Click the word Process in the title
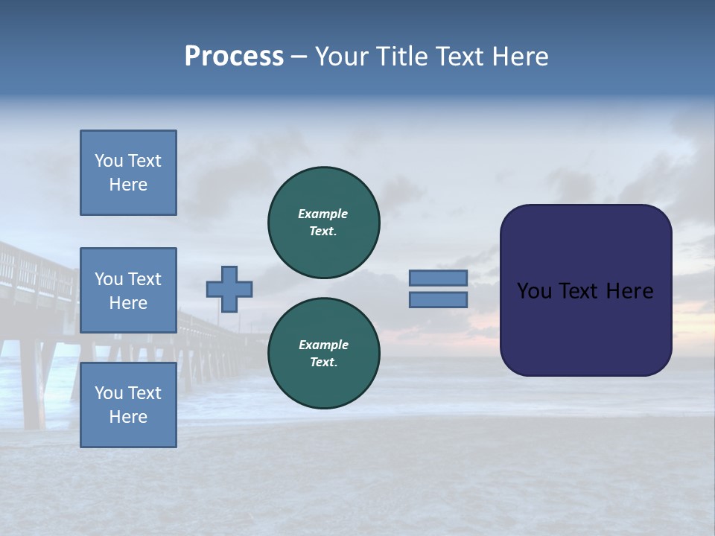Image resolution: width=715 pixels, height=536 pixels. click(x=234, y=57)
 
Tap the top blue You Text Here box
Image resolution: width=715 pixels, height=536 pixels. click(x=128, y=173)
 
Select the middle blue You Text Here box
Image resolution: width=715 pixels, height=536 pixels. click(x=128, y=290)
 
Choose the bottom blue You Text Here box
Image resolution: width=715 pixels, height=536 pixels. click(x=128, y=405)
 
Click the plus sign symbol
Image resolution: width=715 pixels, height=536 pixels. click(x=229, y=289)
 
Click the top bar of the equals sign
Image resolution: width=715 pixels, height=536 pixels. click(x=438, y=278)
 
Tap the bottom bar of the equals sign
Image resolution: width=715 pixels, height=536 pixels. click(x=438, y=299)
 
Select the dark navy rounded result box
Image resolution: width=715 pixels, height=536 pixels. click(x=585, y=328)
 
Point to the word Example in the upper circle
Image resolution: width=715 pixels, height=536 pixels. click(x=322, y=214)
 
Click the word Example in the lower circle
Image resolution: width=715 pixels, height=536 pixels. click(x=323, y=345)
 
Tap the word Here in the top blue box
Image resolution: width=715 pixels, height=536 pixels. click(x=128, y=185)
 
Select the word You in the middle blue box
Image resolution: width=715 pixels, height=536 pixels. click(x=109, y=279)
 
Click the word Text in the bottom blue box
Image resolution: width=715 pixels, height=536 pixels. click(x=144, y=393)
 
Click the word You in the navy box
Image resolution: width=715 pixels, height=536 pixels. click(x=534, y=291)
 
